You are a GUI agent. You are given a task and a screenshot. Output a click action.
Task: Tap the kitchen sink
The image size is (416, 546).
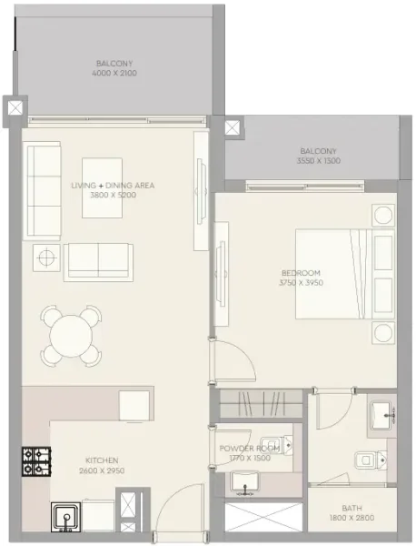pos(66,517)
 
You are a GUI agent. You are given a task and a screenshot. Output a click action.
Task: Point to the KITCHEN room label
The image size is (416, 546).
pos(101,460)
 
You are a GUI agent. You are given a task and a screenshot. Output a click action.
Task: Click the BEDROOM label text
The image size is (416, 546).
pos(302,273)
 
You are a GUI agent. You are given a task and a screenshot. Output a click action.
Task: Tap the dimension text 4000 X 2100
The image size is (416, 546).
pos(115,73)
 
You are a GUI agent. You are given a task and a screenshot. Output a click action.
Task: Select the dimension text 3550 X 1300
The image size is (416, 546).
pos(317,160)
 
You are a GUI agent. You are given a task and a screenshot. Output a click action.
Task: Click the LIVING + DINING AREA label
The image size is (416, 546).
pos(113,185)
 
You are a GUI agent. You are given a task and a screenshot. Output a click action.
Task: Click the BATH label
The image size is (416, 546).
pos(352,509)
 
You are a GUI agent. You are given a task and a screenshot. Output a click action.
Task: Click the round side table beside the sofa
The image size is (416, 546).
pos(43,258)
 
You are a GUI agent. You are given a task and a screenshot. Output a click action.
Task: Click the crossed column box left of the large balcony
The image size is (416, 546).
pos(15,107)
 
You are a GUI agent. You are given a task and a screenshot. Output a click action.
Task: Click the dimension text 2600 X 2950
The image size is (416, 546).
pos(101,470)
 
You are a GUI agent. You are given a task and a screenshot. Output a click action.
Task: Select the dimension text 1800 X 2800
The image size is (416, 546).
pos(352,519)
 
